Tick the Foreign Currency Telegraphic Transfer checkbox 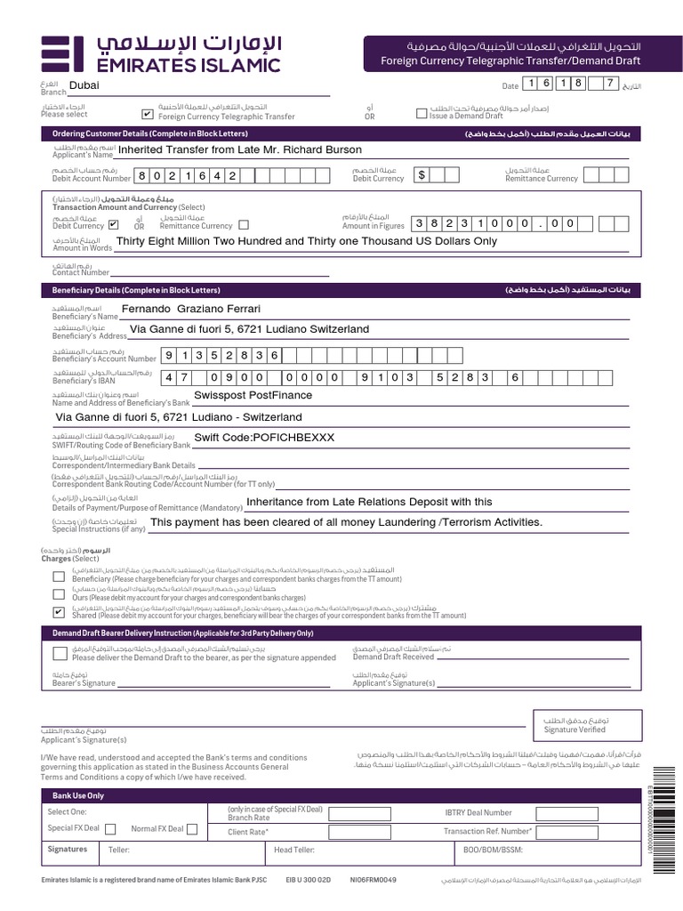[x=148, y=114]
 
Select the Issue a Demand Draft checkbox [x=422, y=113]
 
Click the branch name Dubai [x=84, y=85]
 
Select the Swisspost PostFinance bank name [x=253, y=395]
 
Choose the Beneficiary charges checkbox [x=59, y=576]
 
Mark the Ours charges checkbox [x=59, y=594]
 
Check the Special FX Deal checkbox [x=110, y=829]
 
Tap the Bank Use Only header [x=78, y=795]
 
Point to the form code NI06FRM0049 [x=374, y=880]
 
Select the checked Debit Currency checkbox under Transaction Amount [x=113, y=225]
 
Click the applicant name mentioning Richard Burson [x=240, y=149]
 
